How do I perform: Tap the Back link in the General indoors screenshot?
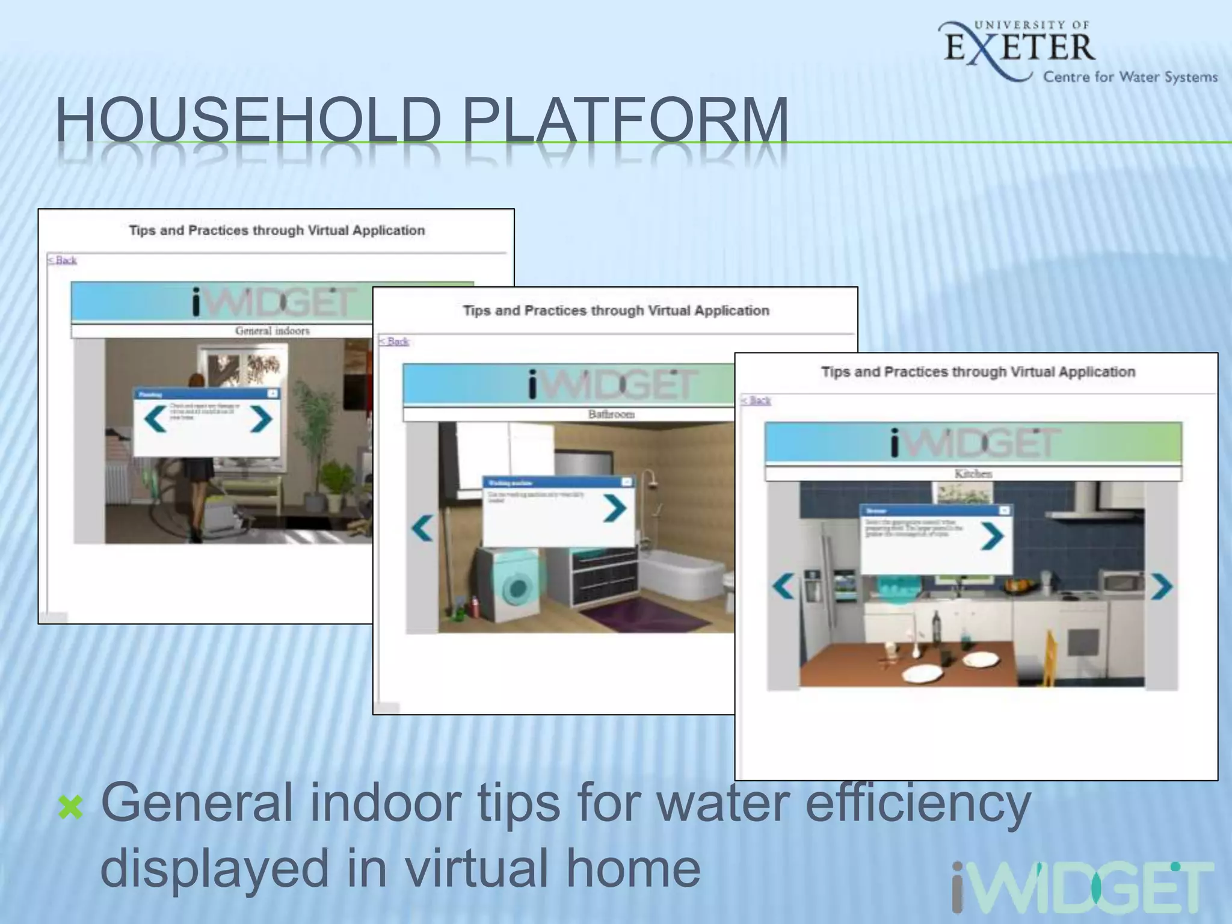63,260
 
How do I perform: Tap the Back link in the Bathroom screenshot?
394,341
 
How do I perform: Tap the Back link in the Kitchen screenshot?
756,401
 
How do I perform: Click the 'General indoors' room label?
272,331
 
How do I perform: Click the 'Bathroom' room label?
611,414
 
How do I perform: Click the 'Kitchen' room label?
973,473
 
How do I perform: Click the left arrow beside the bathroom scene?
422,528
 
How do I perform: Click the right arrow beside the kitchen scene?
1161,587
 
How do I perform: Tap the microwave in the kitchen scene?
1120,582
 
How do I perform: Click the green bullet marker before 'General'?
71,807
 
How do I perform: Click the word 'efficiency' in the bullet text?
918,803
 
